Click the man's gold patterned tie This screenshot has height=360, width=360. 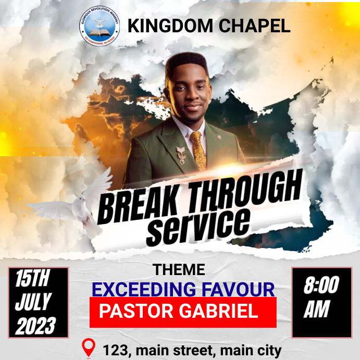point(198,151)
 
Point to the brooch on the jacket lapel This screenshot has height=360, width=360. point(181,154)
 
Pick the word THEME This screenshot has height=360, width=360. point(179,270)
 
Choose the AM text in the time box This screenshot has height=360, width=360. point(317,310)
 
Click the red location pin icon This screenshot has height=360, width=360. point(89,348)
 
